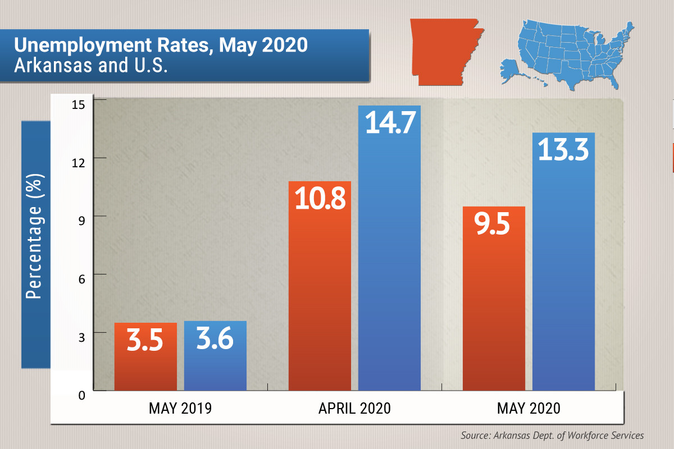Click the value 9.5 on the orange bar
tap(493, 224)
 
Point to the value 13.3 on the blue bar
tap(563, 149)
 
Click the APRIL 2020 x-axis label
tap(354, 408)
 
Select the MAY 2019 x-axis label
tap(180, 408)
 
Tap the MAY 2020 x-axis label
tap(529, 408)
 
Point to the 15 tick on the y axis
tap(79, 103)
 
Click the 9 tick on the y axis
tap(81, 221)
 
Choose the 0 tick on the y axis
tap(81, 396)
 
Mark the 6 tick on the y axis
tap(81, 279)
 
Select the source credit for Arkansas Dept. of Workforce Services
tap(552, 435)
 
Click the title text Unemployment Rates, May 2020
tap(161, 45)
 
